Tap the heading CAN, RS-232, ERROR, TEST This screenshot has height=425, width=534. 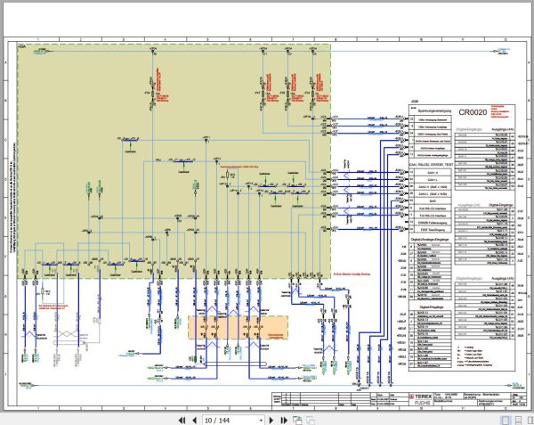coord(432,166)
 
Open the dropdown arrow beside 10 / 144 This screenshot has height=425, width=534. coord(261,419)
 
